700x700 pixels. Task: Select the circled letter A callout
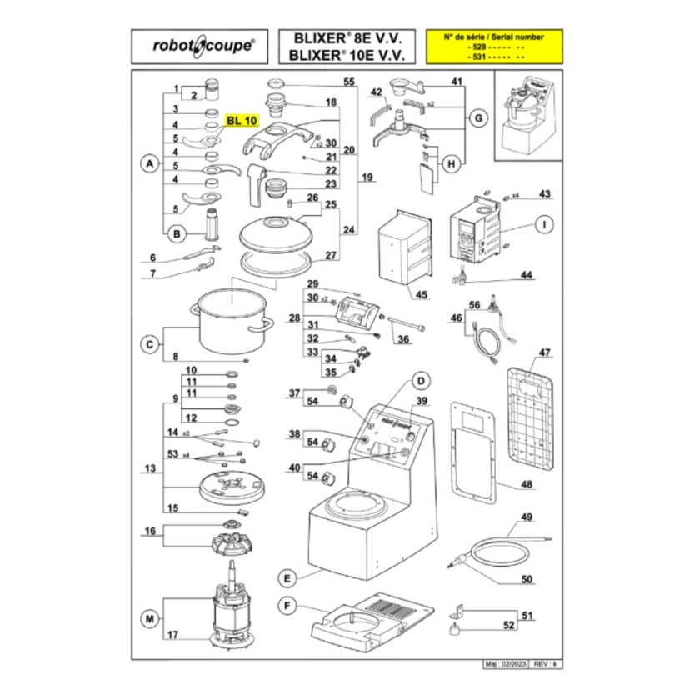(x=147, y=165)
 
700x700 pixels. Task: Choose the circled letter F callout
(x=286, y=605)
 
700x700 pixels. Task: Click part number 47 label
(x=543, y=352)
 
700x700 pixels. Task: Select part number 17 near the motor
(x=173, y=635)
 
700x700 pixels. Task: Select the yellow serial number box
(x=493, y=47)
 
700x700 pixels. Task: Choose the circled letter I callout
(x=543, y=223)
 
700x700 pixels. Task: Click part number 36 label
(x=402, y=339)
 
